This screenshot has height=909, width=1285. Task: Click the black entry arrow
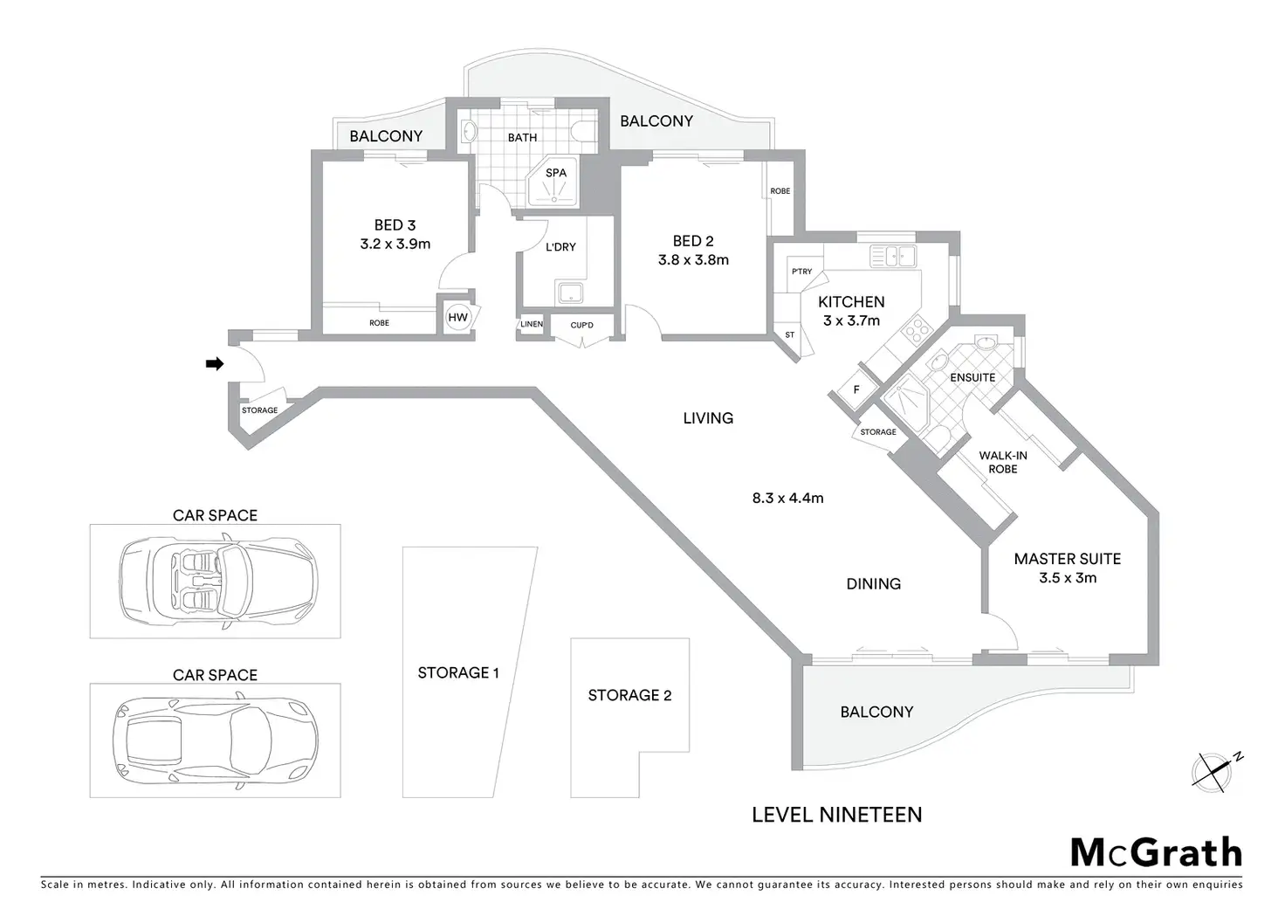(x=214, y=364)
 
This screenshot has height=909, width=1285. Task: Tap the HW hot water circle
(x=457, y=318)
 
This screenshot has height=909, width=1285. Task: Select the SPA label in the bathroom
(x=556, y=173)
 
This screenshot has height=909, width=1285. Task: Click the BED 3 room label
(x=395, y=225)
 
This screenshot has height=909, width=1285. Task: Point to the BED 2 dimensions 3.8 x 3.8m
(x=693, y=259)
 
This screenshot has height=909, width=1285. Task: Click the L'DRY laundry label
(x=560, y=247)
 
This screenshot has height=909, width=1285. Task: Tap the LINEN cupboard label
(x=532, y=324)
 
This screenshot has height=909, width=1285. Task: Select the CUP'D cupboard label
(x=581, y=326)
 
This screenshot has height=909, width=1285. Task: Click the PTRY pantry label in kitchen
(x=801, y=272)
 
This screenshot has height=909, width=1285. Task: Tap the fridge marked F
(x=856, y=390)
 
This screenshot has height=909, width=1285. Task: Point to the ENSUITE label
(x=972, y=377)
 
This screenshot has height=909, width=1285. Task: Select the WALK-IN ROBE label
(x=1003, y=462)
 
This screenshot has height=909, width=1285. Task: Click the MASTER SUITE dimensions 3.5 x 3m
(x=1068, y=578)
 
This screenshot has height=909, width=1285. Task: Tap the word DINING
(x=873, y=584)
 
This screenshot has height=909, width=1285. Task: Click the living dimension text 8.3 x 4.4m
(x=787, y=499)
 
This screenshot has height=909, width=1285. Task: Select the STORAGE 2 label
(x=629, y=695)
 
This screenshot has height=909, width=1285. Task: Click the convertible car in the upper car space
(x=217, y=577)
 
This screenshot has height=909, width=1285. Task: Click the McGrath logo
(x=1155, y=851)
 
